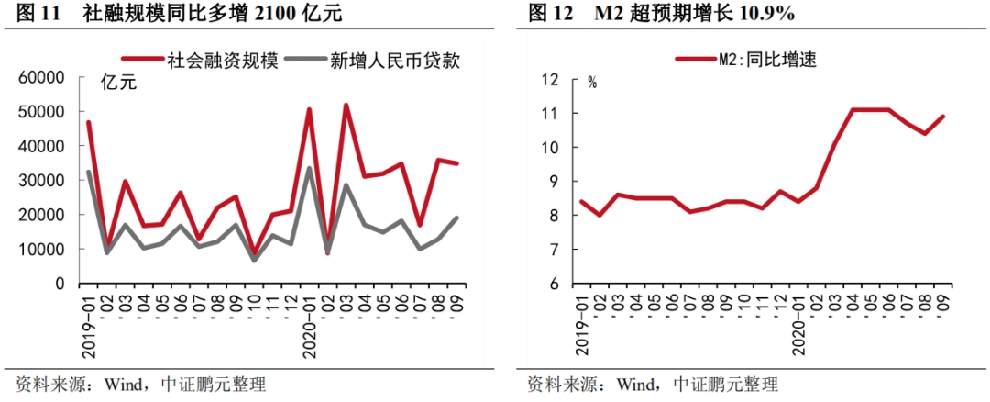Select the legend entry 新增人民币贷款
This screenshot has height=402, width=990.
(x=382, y=60)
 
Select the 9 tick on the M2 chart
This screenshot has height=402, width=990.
(x=554, y=182)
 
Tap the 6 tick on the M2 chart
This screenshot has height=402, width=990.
(x=554, y=284)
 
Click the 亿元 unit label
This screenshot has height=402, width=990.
(x=119, y=84)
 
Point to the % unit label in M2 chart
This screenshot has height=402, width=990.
(x=592, y=82)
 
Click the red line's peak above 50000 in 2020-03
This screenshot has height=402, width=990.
(x=346, y=105)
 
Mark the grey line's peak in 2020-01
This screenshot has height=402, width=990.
(x=309, y=168)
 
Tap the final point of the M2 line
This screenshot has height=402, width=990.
(x=944, y=117)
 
